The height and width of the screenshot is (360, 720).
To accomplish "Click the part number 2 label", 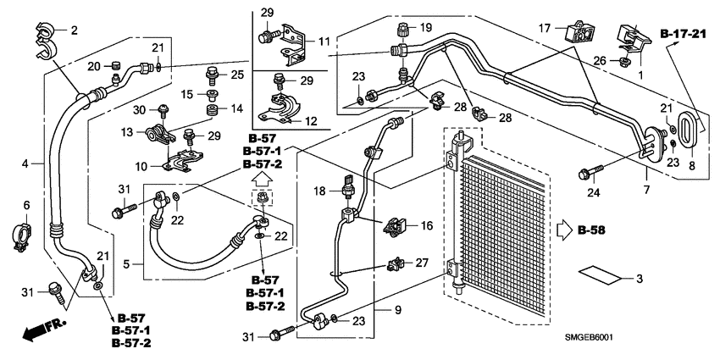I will tap(74, 31).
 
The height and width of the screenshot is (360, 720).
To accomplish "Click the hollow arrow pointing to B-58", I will tap(564, 230).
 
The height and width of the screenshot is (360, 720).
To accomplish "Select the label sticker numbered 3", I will tap(597, 276).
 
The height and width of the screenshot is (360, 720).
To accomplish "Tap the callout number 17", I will tap(545, 28).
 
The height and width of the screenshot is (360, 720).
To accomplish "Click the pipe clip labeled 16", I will tap(396, 226).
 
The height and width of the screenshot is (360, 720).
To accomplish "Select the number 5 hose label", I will tap(128, 264).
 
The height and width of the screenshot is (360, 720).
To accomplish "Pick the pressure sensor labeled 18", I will tap(348, 189).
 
